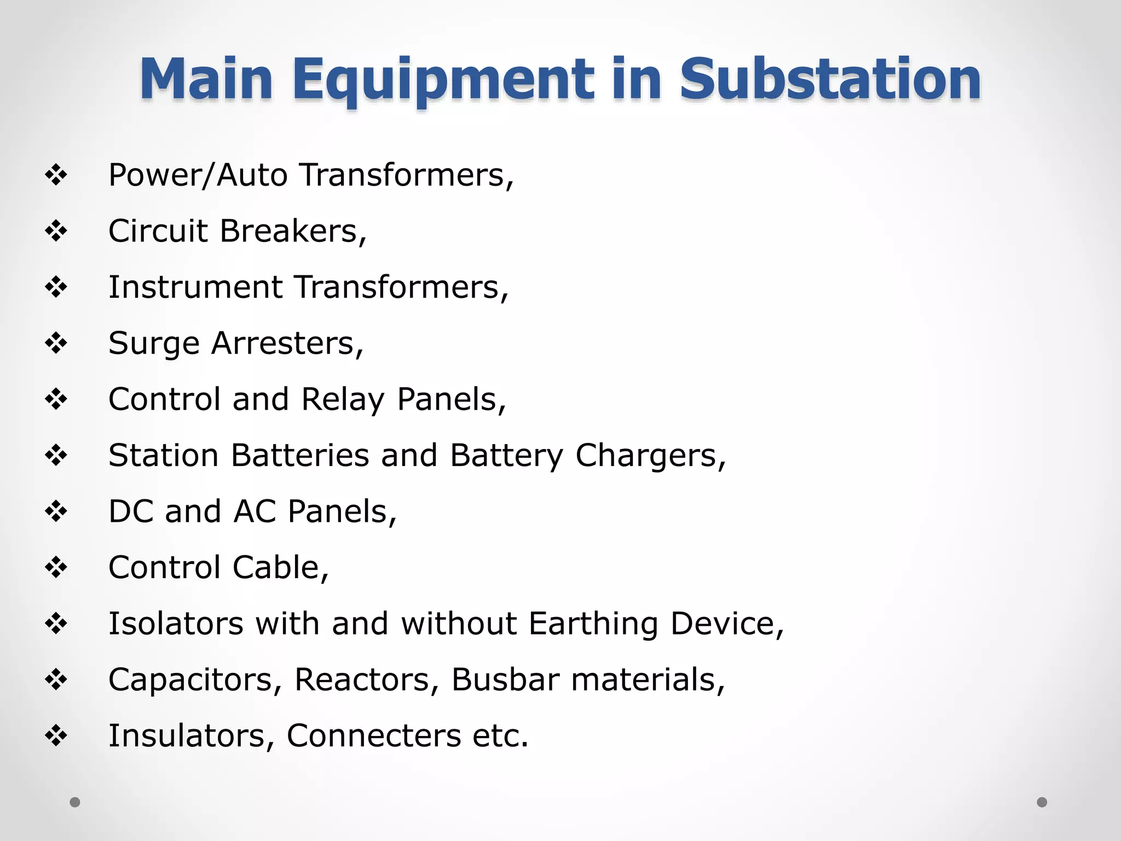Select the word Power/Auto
click(x=198, y=175)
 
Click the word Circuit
click(x=158, y=231)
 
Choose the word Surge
click(x=154, y=344)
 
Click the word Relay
click(x=343, y=399)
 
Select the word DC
click(x=131, y=511)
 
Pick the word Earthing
click(x=593, y=624)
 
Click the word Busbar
click(x=505, y=679)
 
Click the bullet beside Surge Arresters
click(x=56, y=344)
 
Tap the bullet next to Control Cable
click(x=56, y=567)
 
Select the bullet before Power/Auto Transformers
click(x=56, y=176)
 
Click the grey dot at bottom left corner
click(x=75, y=802)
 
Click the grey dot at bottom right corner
click(x=1042, y=802)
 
